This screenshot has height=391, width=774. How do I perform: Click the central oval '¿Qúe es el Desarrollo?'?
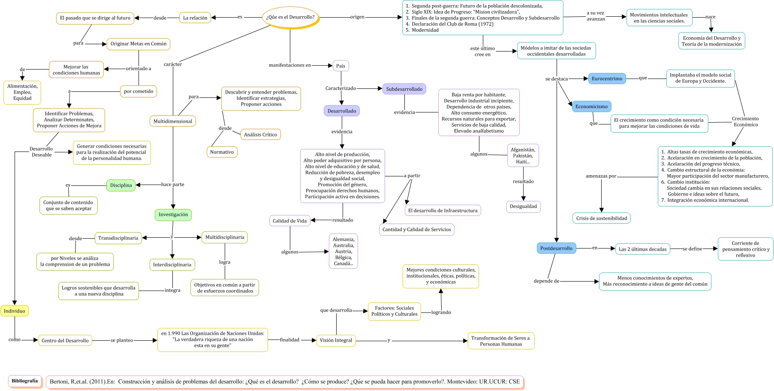point(290,18)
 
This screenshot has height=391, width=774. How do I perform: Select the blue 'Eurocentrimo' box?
point(607,79)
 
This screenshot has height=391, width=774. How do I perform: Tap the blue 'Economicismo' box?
point(591,106)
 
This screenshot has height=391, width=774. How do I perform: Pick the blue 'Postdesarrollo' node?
point(556,248)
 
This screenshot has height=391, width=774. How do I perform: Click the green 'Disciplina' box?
point(121,185)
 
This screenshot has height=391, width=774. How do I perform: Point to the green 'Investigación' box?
point(173,215)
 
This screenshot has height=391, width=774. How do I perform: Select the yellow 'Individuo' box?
point(15,311)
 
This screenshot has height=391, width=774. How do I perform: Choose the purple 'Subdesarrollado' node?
point(404,89)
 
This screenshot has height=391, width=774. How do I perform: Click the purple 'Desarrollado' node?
point(342,111)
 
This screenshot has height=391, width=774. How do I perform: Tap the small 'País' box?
point(340,66)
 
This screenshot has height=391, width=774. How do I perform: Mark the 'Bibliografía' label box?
point(25,381)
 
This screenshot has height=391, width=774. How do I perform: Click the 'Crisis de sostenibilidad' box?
point(601,218)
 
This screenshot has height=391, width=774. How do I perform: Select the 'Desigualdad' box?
point(523,206)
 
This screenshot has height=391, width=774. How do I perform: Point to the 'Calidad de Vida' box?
point(289,221)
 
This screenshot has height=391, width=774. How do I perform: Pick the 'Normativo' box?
point(222,152)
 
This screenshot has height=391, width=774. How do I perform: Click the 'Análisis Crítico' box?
point(260,134)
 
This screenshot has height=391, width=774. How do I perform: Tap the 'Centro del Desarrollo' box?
point(65,340)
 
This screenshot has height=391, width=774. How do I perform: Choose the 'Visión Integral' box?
point(336,340)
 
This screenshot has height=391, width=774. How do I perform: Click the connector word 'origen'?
point(357,17)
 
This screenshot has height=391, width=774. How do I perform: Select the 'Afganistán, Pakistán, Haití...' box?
point(523,156)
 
